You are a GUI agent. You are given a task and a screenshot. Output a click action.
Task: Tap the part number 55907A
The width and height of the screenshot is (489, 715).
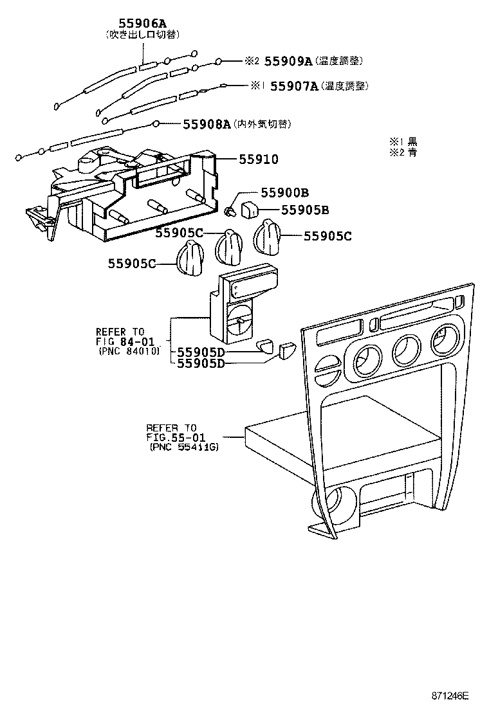coord(294,86)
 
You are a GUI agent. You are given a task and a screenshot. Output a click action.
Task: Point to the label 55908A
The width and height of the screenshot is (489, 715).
coord(207,123)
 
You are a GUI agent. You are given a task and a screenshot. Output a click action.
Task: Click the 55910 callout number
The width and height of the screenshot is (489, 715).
coord(259,159)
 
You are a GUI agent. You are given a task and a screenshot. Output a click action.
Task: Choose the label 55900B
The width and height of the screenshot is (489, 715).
coord(285,192)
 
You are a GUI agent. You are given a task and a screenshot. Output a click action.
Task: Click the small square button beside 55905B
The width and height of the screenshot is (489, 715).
coord(250,208)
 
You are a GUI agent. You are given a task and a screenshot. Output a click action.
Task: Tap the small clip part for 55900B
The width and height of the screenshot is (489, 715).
coord(230,210)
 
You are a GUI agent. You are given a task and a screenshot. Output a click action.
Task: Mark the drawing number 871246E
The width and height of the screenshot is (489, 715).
coord(450,696)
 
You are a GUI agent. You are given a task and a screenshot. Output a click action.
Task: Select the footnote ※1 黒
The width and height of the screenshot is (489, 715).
coord(403,141)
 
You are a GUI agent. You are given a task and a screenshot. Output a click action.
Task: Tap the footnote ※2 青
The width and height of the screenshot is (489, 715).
coord(403,153)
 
